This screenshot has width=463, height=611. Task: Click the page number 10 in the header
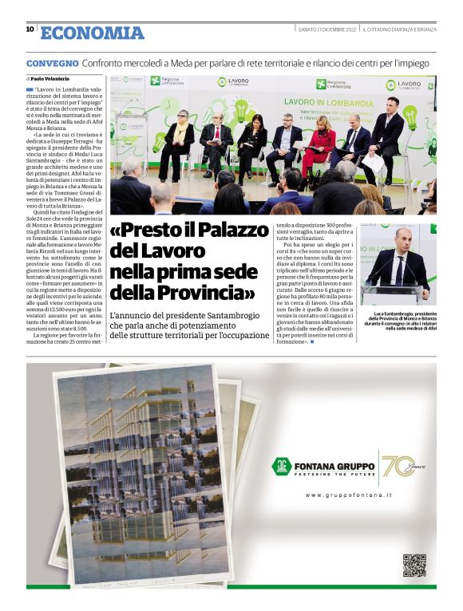(x=30, y=30)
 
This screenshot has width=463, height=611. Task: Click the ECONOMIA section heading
(x=93, y=33)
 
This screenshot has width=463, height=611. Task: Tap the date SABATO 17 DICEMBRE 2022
(x=324, y=30)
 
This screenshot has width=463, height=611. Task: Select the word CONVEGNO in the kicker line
(x=52, y=63)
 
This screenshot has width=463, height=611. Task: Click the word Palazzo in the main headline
(x=228, y=231)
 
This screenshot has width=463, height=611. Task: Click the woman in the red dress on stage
(x=321, y=144)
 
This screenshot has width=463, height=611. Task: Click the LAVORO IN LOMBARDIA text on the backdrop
(x=328, y=103)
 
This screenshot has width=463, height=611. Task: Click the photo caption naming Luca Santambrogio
(x=400, y=321)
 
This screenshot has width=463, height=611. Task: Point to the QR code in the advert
(x=414, y=565)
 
